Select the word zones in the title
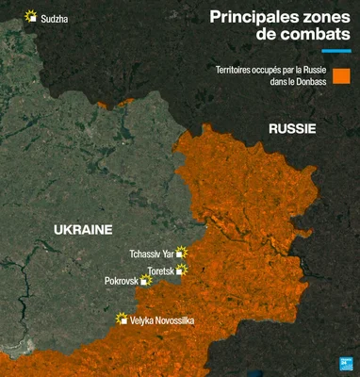tap(327, 16)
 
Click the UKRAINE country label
tap(83, 230)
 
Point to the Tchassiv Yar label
tap(152, 254)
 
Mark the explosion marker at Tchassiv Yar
tap(182, 253)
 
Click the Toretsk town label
tap(161, 270)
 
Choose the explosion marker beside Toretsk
tap(182, 270)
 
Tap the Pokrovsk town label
tap(123, 281)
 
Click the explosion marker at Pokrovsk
tap(146, 280)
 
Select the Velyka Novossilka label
tap(162, 321)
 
